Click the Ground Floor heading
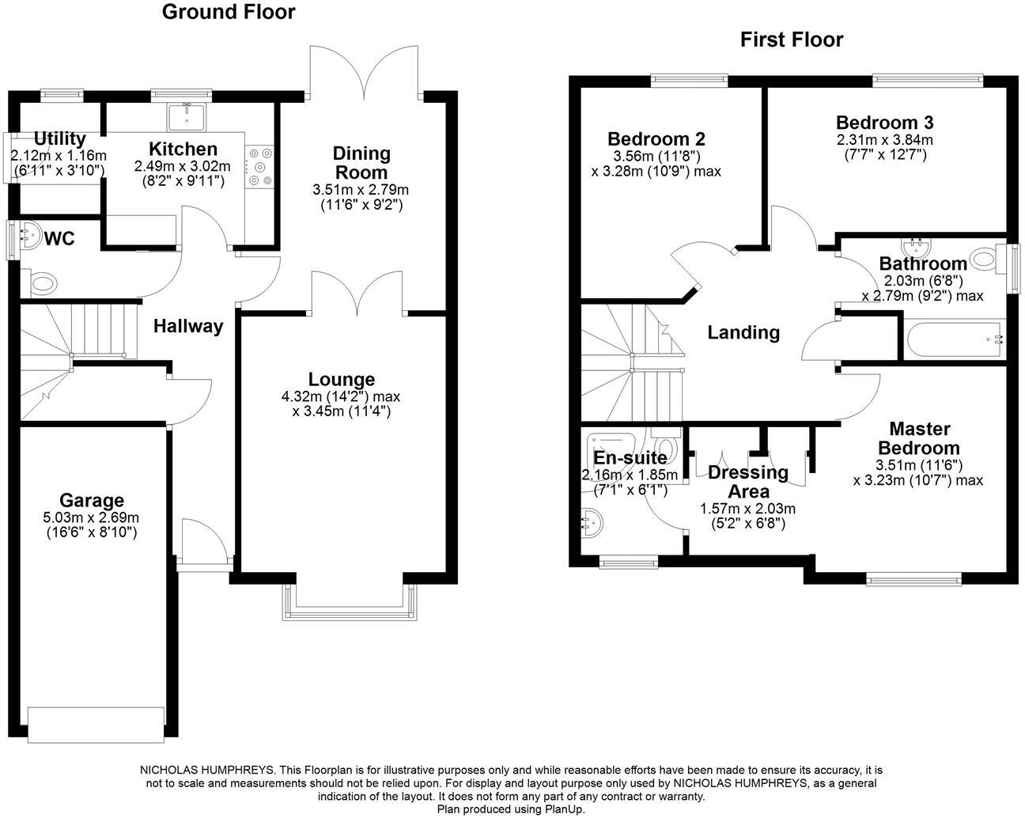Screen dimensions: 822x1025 (x=229, y=12)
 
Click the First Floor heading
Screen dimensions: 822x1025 (x=791, y=40)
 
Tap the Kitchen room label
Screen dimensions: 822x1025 (x=183, y=150)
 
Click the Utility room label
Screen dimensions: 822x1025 (x=59, y=140)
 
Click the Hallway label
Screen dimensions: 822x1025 (x=188, y=326)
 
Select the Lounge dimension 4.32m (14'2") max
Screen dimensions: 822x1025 (x=342, y=396)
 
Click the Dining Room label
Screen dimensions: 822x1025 (x=361, y=162)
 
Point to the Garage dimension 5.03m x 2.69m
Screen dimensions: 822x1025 (x=92, y=518)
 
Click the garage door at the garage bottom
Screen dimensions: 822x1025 (x=96, y=724)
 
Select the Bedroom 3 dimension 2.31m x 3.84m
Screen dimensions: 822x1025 (x=884, y=140)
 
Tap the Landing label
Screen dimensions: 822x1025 (x=743, y=332)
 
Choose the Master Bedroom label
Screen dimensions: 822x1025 (x=919, y=438)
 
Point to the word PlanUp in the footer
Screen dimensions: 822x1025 (x=564, y=809)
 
